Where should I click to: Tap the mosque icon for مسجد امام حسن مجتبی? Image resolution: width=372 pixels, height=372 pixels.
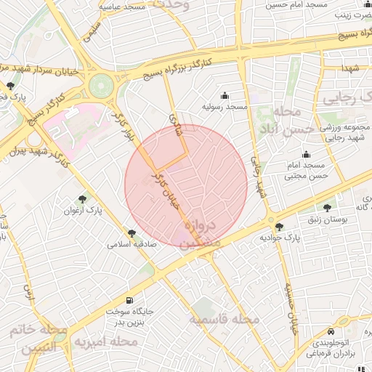pos(306,154)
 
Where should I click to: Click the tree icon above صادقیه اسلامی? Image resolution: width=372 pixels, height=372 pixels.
pos(132,233)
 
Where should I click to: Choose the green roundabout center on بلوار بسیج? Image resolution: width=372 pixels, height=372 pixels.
pos(101,86)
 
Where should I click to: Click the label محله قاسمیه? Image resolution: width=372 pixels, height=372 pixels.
pos(225,319)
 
